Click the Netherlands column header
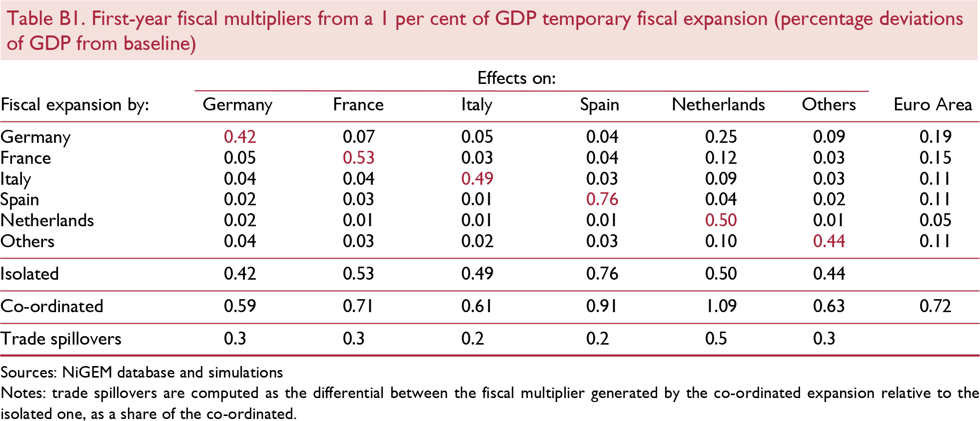[x=718, y=104]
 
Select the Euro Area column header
[x=933, y=104]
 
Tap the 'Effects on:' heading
[x=516, y=78]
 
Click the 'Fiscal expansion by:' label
[x=75, y=105]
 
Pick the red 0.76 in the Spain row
[x=602, y=199]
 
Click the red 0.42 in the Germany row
[x=240, y=136]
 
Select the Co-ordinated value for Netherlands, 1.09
[x=721, y=306]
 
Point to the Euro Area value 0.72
[x=935, y=306]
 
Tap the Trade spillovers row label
[x=61, y=339]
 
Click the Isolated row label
[x=30, y=274]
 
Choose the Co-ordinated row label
[x=52, y=306]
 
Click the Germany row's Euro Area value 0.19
[x=935, y=136]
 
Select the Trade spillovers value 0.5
[x=716, y=339]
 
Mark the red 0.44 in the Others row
[x=829, y=241]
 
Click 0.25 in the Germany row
[x=721, y=136]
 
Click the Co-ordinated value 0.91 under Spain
[x=602, y=306]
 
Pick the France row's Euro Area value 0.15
[x=935, y=158]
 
